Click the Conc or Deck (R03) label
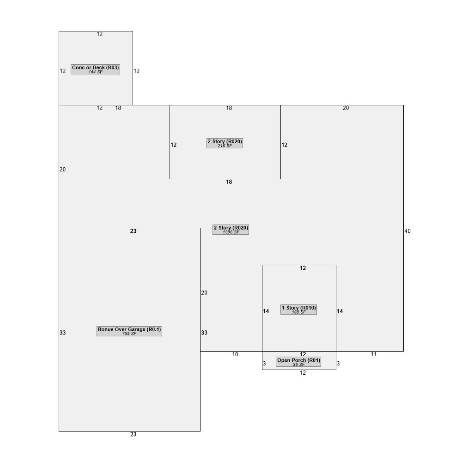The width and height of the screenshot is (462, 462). tap(96, 69)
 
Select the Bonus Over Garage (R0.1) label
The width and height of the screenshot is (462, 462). tap(129, 331)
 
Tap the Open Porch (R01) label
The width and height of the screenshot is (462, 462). tap(298, 362)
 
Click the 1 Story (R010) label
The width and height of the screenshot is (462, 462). tap(299, 310)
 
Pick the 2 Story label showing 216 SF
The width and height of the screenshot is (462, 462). tap(225, 143)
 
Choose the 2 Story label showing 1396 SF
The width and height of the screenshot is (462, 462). tap(231, 230)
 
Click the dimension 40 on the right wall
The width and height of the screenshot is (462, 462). tap(407, 231)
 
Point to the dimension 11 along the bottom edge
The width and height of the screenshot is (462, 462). tap(374, 354)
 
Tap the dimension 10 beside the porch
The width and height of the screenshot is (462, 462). tap(235, 354)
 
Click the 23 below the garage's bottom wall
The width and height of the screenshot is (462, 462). tap(134, 434)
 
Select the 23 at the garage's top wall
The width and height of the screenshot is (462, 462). tap(134, 231)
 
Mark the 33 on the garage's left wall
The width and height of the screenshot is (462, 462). tap(63, 333)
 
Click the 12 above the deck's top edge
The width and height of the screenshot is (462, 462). tap(100, 34)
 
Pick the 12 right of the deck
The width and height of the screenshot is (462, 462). tap(136, 71)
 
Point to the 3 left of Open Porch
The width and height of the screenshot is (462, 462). tap(264, 364)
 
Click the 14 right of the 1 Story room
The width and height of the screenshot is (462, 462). tap(340, 311)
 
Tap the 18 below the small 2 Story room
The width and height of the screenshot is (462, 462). tap(229, 182)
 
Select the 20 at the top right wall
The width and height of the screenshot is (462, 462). tap(346, 108)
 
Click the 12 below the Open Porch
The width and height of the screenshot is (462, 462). tap(303, 373)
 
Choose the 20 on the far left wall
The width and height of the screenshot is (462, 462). tap(63, 170)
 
